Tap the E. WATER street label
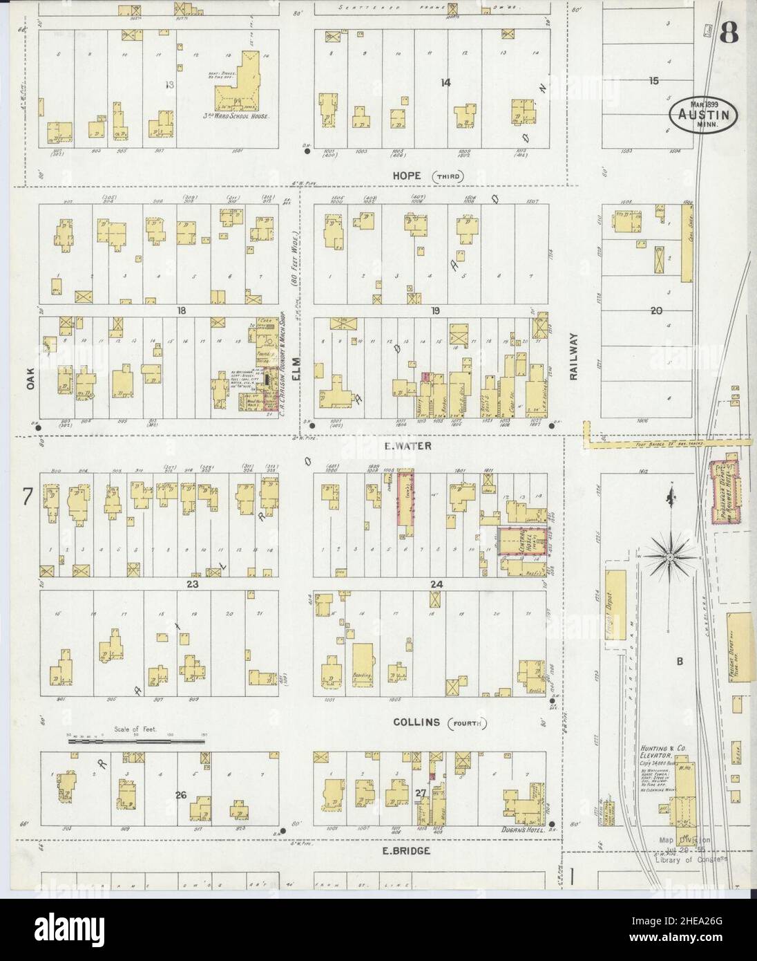point(408,447)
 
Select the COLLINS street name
point(417,722)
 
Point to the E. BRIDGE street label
point(408,851)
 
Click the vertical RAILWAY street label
point(573,355)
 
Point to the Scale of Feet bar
point(136,741)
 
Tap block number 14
point(446,83)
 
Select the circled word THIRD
point(448,177)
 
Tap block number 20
point(655,311)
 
